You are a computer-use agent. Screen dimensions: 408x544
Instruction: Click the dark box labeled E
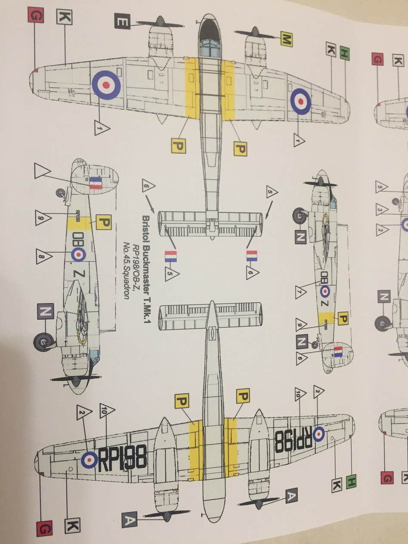[122, 22]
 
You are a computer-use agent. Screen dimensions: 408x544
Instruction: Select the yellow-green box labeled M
[286, 40]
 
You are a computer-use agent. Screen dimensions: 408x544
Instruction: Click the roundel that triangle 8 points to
[78, 254]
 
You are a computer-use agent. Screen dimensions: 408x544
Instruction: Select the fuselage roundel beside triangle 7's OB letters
[325, 291]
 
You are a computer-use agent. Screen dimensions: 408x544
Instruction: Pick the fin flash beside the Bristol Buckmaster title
[170, 257]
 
